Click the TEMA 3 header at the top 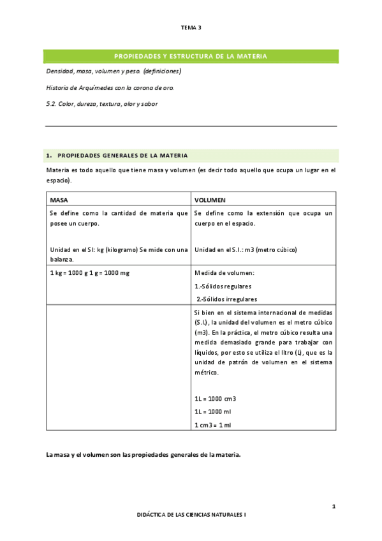tap(191, 28)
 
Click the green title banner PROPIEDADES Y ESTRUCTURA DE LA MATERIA tap(191, 57)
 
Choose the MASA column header tap(59, 200)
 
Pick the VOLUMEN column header tap(210, 200)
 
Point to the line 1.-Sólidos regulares tap(223, 286)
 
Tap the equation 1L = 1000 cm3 tap(215, 398)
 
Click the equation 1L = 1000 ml tap(212, 411)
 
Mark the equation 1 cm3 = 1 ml tap(212, 425)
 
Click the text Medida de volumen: tap(219, 273)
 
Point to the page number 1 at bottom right tap(334, 507)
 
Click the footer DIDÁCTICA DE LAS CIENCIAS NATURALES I tap(191, 529)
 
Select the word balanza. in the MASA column tap(62, 259)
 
